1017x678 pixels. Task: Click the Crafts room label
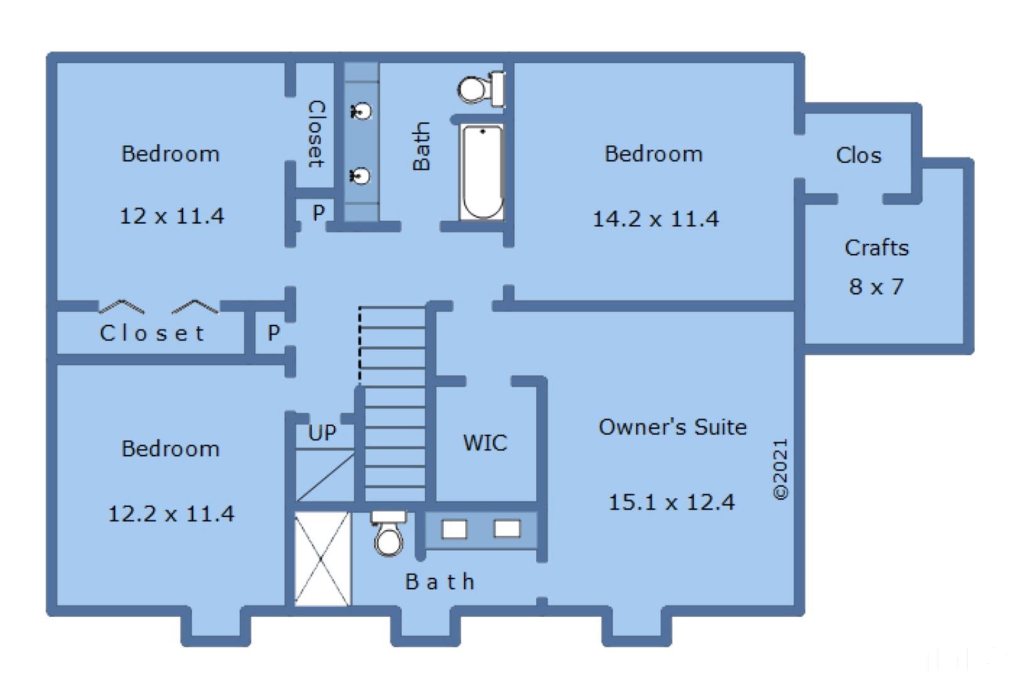tap(877, 248)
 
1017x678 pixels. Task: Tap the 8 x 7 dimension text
tap(876, 287)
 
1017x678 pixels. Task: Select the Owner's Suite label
tap(672, 427)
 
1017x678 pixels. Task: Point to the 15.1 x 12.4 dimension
tap(671, 502)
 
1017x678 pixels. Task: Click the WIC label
tap(485, 443)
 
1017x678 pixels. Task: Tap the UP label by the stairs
tap(322, 433)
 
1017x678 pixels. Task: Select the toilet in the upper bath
tap(481, 89)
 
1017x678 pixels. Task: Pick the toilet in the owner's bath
tap(389, 534)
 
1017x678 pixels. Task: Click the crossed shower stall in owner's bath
tap(322, 559)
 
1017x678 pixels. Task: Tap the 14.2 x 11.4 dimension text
tap(656, 219)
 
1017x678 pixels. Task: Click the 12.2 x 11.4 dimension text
tap(171, 514)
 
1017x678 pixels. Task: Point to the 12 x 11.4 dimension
tap(171, 216)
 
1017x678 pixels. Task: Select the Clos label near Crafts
tap(859, 155)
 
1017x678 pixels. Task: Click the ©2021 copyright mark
tap(780, 469)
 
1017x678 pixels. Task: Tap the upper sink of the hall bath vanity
tap(361, 110)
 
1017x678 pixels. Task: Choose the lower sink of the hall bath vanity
tap(361, 176)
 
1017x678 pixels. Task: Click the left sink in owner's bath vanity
tap(454, 529)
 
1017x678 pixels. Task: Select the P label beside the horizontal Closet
tap(273, 333)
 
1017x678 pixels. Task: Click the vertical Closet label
tap(317, 134)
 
